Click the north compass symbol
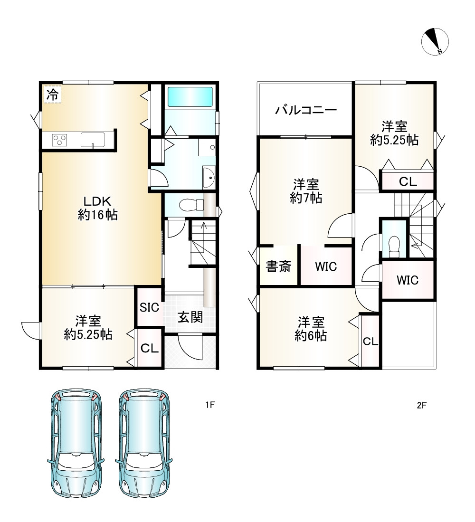[435, 42]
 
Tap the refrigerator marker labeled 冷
[52, 95]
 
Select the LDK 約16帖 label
[97, 208]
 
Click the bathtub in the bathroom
[190, 96]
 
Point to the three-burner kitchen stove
[59, 139]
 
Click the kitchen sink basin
[93, 140]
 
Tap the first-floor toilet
[191, 204]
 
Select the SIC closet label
[150, 307]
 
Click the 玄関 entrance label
[190, 317]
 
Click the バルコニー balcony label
[306, 110]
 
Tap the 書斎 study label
[278, 266]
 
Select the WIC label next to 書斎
[326, 266]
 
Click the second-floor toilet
[394, 247]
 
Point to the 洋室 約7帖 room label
[306, 191]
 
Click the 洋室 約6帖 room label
[311, 329]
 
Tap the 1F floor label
[210, 405]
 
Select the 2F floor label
[421, 405]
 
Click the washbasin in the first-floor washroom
[209, 178]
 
